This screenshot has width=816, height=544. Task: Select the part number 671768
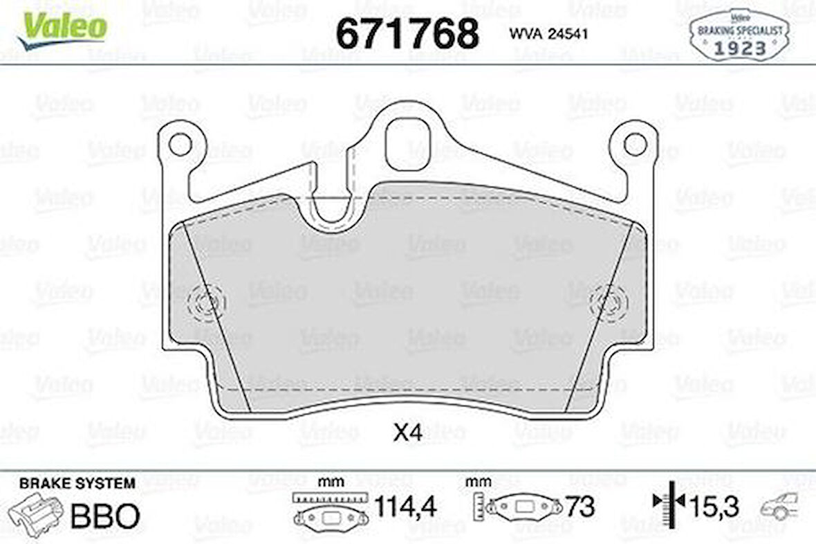(407, 33)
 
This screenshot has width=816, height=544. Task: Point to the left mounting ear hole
(180, 145)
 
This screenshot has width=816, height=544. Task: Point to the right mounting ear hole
(634, 145)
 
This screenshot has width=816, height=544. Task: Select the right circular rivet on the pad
(609, 302)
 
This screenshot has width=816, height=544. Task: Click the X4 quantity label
(407, 434)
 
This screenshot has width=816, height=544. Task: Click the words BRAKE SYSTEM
(77, 483)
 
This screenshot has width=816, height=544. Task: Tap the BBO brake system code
(106, 516)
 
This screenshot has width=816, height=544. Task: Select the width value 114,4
(405, 507)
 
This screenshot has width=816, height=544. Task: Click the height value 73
(579, 507)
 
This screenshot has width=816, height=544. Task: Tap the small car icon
(779, 507)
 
